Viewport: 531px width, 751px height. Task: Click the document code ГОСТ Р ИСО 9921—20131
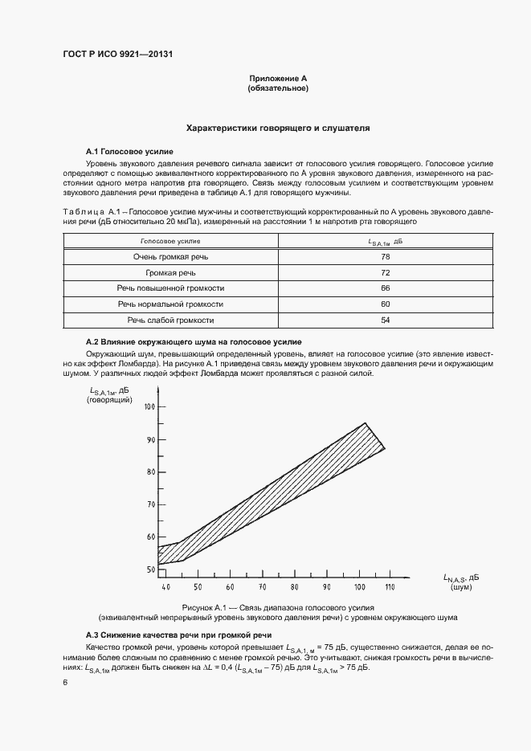point(118,55)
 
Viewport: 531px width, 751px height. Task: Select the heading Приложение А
point(278,79)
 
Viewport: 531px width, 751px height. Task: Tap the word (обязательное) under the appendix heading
point(278,88)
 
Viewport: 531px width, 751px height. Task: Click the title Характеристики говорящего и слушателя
point(278,129)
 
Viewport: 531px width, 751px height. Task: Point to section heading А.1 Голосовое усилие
point(129,151)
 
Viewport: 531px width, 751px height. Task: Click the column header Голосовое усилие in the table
point(170,241)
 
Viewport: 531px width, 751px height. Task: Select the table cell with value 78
point(385,257)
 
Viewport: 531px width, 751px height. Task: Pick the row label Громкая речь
point(170,273)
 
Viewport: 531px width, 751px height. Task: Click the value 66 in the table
point(385,288)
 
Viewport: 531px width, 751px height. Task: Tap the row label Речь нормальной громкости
point(170,304)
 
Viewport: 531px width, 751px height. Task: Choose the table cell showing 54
point(385,320)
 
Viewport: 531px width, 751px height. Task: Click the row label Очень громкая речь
point(170,257)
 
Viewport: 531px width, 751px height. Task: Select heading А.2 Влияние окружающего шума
point(194,342)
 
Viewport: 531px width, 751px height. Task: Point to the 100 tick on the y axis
point(149,407)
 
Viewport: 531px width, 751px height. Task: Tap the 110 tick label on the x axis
point(390,588)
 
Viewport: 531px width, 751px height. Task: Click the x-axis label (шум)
point(461,588)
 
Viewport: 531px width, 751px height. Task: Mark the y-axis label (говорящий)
point(109,399)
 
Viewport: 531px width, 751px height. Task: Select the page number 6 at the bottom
point(65,681)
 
